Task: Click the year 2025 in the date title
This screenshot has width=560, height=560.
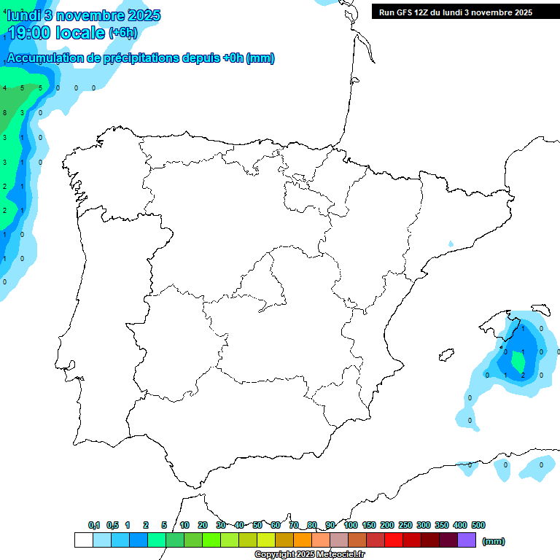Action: tap(144, 15)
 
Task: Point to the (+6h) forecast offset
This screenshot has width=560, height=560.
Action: tap(122, 32)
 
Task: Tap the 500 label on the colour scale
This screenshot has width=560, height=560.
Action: tap(478, 525)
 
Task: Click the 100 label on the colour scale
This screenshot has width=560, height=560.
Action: tap(351, 525)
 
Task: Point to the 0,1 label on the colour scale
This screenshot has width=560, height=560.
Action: tap(94, 525)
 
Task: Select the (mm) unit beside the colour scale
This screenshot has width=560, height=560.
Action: tap(494, 541)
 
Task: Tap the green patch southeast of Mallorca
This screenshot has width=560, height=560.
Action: tap(518, 360)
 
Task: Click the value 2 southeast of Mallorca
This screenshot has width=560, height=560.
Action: tap(523, 375)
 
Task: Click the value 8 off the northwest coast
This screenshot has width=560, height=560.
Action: tap(5, 112)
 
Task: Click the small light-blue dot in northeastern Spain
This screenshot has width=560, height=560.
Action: tap(451, 244)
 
